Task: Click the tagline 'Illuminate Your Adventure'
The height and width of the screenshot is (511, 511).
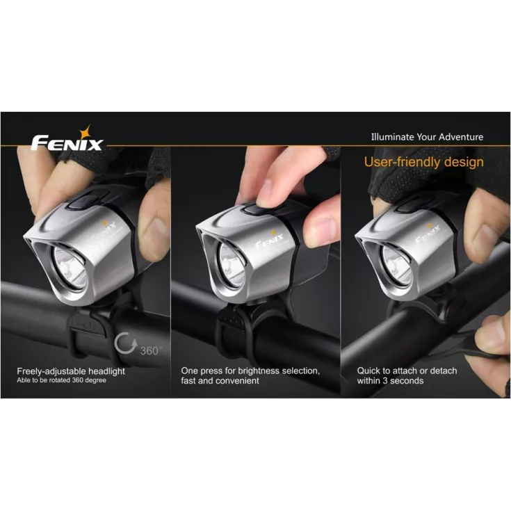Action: (x=427, y=137)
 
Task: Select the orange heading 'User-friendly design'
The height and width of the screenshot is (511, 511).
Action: (x=423, y=162)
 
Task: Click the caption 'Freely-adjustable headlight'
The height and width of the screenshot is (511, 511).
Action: (x=71, y=371)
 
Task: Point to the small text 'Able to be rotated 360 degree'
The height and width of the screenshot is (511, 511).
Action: (x=61, y=380)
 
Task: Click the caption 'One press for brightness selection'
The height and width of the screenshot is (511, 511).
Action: (x=250, y=371)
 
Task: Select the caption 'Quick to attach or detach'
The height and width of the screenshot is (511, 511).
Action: (x=407, y=371)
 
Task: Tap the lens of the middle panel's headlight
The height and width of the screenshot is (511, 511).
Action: (x=232, y=265)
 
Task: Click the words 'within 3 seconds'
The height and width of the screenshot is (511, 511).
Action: (x=390, y=381)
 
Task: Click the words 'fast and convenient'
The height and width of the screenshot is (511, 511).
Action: (x=220, y=381)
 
